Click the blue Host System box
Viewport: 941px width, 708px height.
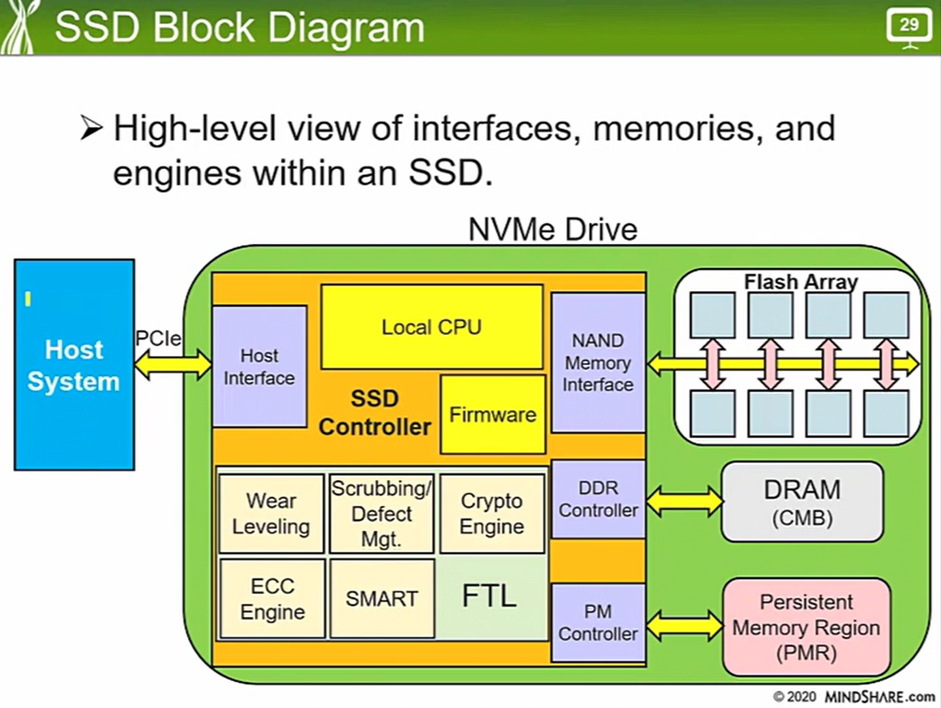(x=74, y=364)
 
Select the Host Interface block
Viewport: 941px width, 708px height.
(x=259, y=366)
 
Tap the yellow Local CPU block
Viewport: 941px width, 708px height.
(x=432, y=326)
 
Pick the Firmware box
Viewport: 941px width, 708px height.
(x=493, y=414)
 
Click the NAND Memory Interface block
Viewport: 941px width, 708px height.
(x=598, y=363)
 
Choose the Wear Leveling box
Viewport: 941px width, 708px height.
(x=271, y=513)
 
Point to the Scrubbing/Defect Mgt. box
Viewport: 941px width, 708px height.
(x=381, y=514)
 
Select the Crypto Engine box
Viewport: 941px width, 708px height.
(x=492, y=513)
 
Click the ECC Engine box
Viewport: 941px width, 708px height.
(x=273, y=599)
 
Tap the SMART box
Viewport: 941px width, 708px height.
(x=382, y=599)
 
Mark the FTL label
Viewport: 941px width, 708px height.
(x=490, y=596)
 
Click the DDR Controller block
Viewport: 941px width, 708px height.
(x=598, y=500)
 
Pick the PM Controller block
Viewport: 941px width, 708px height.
(x=598, y=623)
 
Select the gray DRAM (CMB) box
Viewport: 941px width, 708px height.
(x=802, y=502)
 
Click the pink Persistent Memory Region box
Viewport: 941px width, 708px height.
(x=806, y=627)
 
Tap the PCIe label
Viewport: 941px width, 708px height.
(x=158, y=338)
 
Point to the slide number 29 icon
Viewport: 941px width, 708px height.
(x=909, y=26)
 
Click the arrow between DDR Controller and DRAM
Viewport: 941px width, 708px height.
(x=683, y=501)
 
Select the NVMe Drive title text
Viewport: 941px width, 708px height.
(x=552, y=229)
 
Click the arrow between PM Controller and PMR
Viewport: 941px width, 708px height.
(x=683, y=625)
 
